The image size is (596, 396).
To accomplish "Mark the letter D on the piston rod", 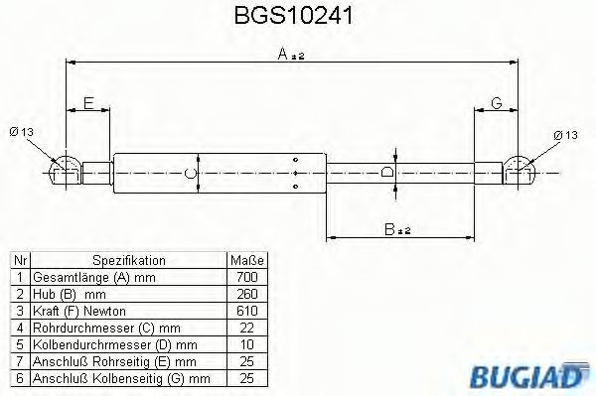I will click(387, 173).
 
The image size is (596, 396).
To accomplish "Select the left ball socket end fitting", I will click(66, 170).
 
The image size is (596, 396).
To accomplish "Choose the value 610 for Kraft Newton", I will click(247, 309).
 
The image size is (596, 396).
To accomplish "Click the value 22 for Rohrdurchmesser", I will click(247, 327).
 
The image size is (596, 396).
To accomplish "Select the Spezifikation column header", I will click(128, 259).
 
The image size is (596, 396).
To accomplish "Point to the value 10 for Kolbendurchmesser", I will click(247, 343).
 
